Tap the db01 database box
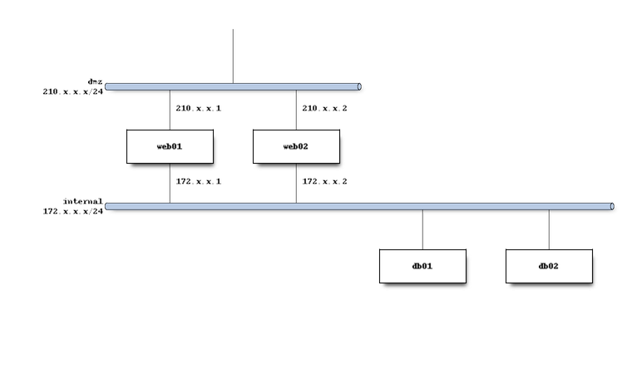coord(422,265)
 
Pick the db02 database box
coord(548,265)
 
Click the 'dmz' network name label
coord(95,81)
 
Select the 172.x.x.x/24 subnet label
coord(72,211)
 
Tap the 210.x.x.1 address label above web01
coord(198,108)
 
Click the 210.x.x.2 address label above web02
coord(324,108)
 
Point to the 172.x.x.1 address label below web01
coord(198,180)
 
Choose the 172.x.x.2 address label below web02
coord(324,180)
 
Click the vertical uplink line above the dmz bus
coord(233,55)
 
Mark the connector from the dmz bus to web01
coord(170,109)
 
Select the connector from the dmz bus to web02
coord(296,109)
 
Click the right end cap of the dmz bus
coord(360,86)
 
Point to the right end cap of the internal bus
coord(612,205)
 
